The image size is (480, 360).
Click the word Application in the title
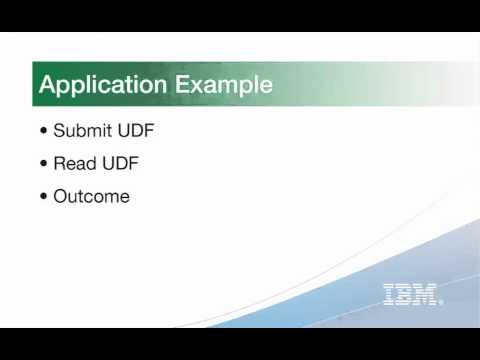(104, 85)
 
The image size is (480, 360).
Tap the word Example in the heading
(225, 85)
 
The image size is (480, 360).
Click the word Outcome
(91, 196)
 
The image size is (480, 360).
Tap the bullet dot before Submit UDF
(43, 132)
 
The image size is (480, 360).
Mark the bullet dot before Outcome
(43, 197)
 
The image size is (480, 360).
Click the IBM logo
(411, 294)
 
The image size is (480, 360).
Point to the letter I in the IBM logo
(389, 294)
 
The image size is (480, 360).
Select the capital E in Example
(184, 85)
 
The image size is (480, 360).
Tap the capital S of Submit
(59, 131)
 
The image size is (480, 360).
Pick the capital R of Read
(60, 164)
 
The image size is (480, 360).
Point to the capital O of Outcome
(61, 196)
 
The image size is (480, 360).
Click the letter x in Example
(198, 87)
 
